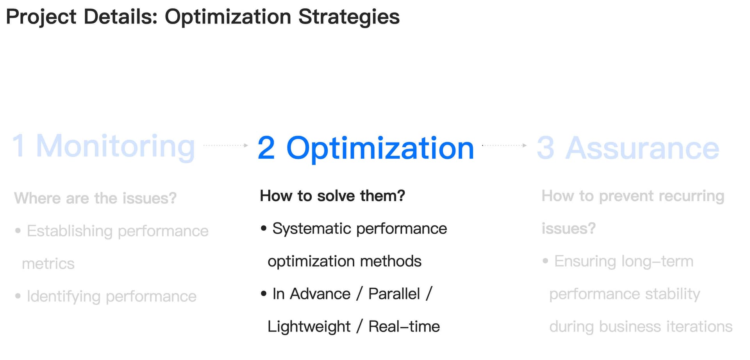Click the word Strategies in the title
pos(349,17)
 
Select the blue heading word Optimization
pos(380,149)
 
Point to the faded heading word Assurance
pos(642,148)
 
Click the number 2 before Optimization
pos(266,148)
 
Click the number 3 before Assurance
pos(545,148)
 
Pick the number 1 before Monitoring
pos(19,145)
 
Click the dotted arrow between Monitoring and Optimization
pos(226,145)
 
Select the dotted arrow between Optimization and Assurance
pos(504,145)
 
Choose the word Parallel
pos(394,294)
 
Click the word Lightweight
pos(309,327)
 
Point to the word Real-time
pos(404,327)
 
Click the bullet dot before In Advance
pos(264,294)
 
